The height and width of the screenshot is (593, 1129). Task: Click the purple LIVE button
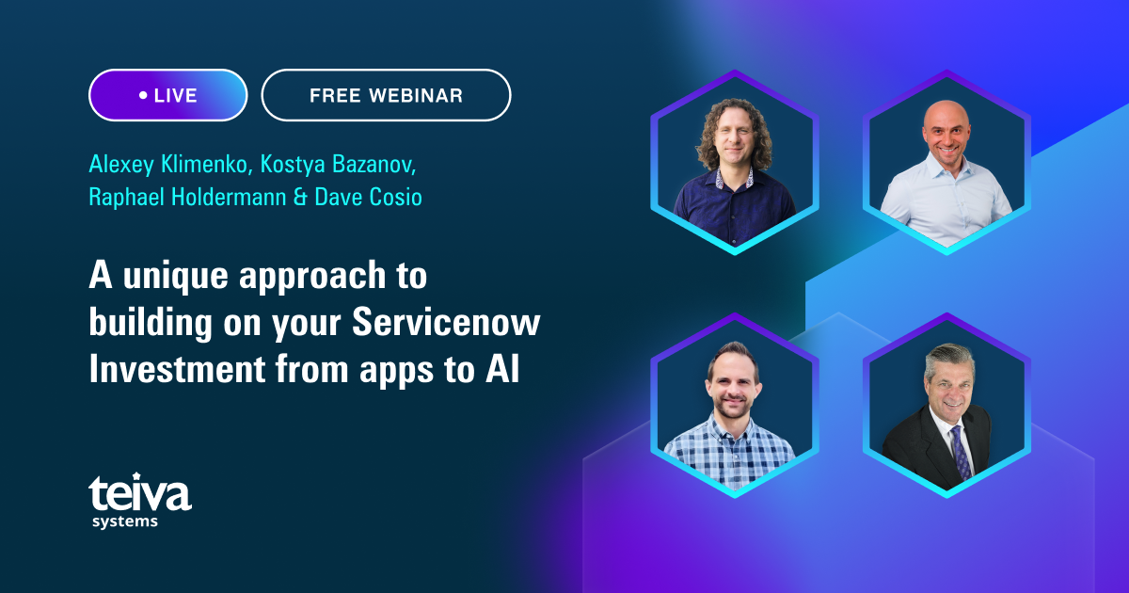click(167, 95)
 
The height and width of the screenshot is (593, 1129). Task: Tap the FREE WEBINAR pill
click(386, 95)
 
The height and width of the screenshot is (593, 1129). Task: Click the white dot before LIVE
click(143, 95)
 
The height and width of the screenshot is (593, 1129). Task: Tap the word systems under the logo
click(124, 521)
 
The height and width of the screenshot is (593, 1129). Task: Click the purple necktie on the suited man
click(960, 452)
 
